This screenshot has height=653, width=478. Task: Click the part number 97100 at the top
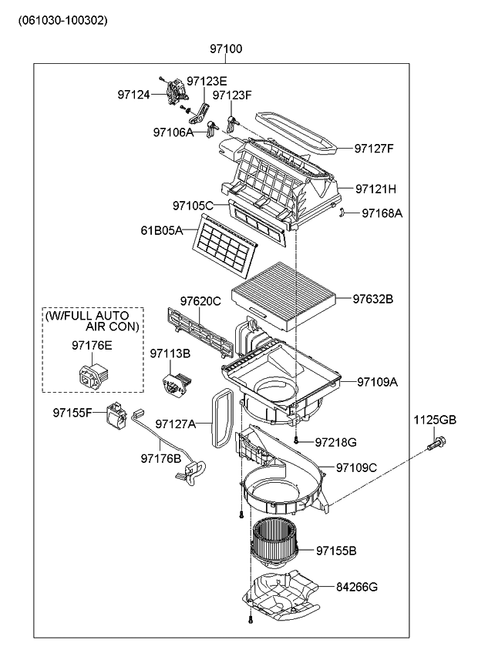point(226,49)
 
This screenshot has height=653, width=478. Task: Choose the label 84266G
point(357,587)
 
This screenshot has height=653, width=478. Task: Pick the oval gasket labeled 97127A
point(223,417)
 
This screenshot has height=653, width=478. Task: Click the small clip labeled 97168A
point(342,213)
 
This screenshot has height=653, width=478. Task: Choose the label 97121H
point(376,189)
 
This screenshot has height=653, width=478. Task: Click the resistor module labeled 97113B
point(176,381)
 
